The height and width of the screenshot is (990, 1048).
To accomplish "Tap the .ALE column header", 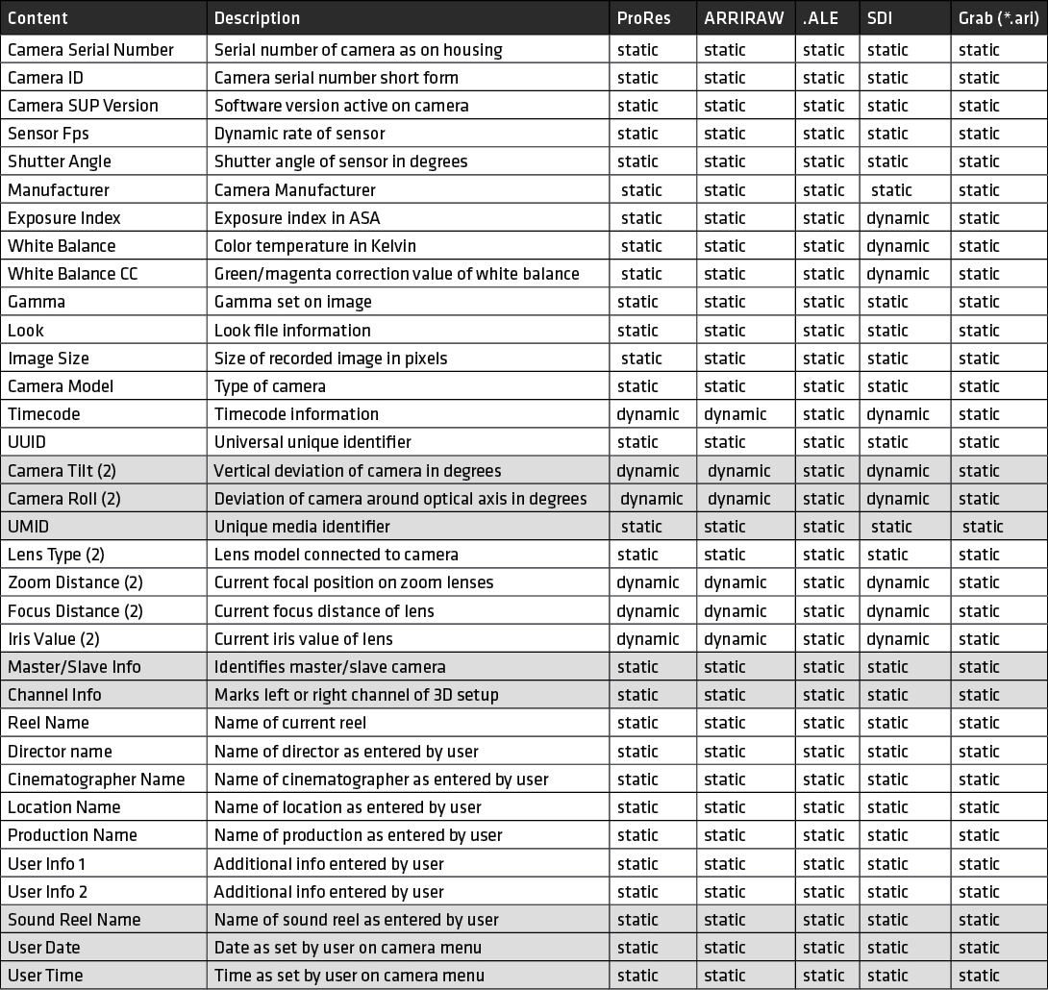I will pyautogui.click(x=821, y=18).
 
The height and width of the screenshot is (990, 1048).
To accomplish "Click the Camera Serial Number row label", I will pyautogui.click(x=90, y=50).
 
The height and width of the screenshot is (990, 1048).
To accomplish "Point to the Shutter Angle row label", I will pyautogui.click(x=60, y=161).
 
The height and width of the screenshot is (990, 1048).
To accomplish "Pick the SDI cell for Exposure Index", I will pyautogui.click(x=898, y=218).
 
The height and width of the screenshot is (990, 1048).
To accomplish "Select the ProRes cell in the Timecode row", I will pyautogui.click(x=648, y=414).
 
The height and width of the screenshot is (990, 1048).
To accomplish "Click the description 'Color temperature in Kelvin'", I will pyautogui.click(x=315, y=246).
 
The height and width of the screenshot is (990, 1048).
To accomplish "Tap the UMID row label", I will pyautogui.click(x=29, y=527).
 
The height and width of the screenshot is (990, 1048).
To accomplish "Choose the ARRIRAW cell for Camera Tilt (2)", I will pyautogui.click(x=739, y=471).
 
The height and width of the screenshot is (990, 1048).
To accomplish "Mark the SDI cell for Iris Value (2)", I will pyautogui.click(x=898, y=639).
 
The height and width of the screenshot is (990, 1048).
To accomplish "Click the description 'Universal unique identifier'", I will pyautogui.click(x=312, y=442).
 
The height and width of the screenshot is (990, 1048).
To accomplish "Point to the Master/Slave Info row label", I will pyautogui.click(x=74, y=667).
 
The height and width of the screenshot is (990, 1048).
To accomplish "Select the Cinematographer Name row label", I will pyautogui.click(x=96, y=780).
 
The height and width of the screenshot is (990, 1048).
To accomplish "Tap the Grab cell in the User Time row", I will pyautogui.click(x=979, y=976).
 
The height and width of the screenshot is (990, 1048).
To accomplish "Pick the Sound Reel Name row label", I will pyautogui.click(x=74, y=920).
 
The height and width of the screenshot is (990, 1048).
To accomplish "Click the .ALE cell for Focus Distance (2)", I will pyautogui.click(x=824, y=611).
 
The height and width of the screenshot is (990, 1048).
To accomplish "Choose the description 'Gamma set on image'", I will pyautogui.click(x=292, y=302).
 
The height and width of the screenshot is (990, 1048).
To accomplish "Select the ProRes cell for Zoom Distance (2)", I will pyautogui.click(x=648, y=582).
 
